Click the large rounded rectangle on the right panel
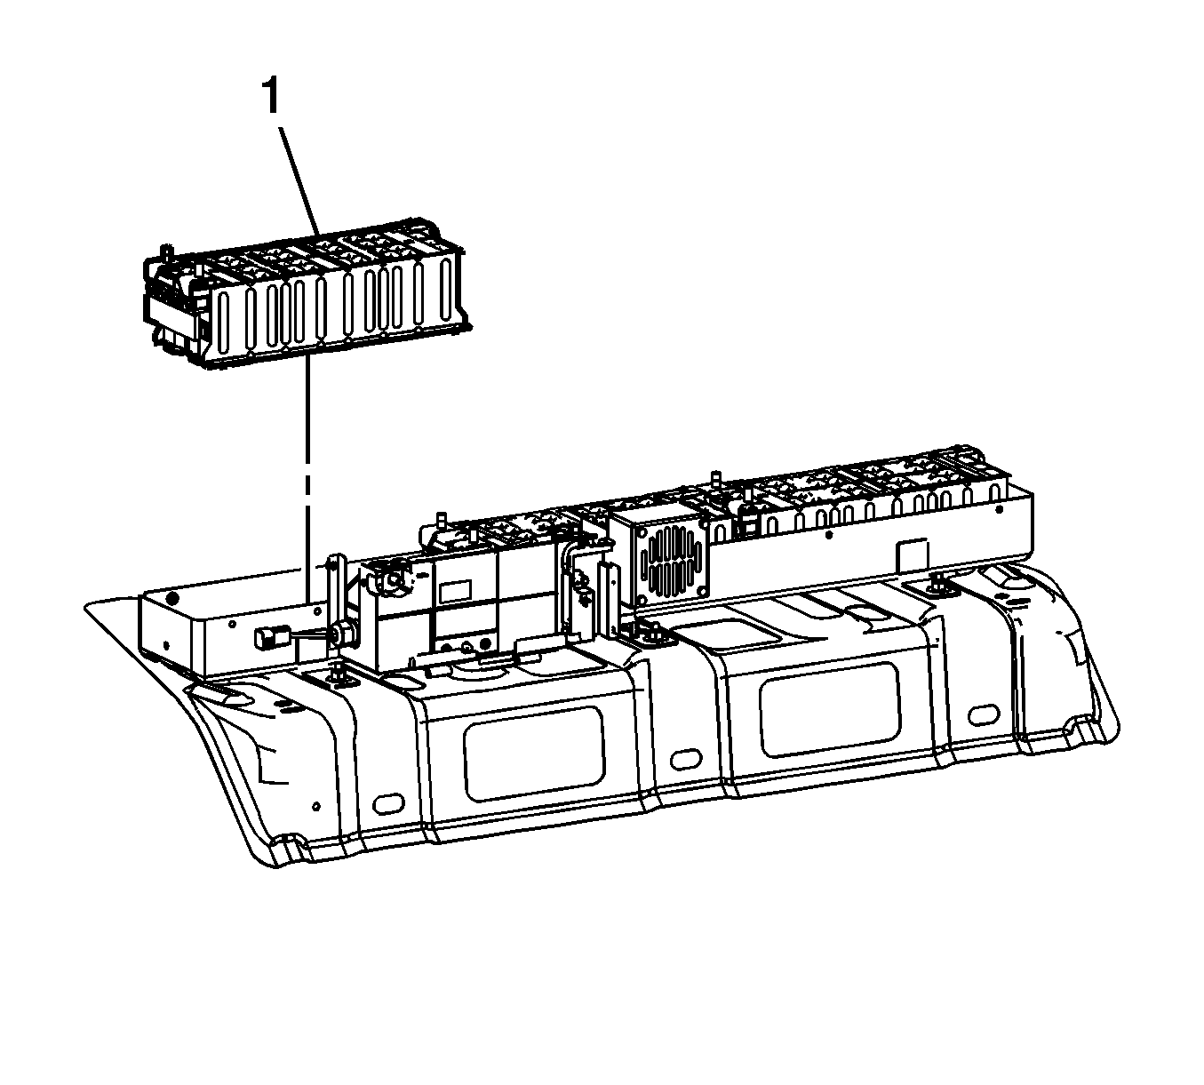(830, 710)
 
